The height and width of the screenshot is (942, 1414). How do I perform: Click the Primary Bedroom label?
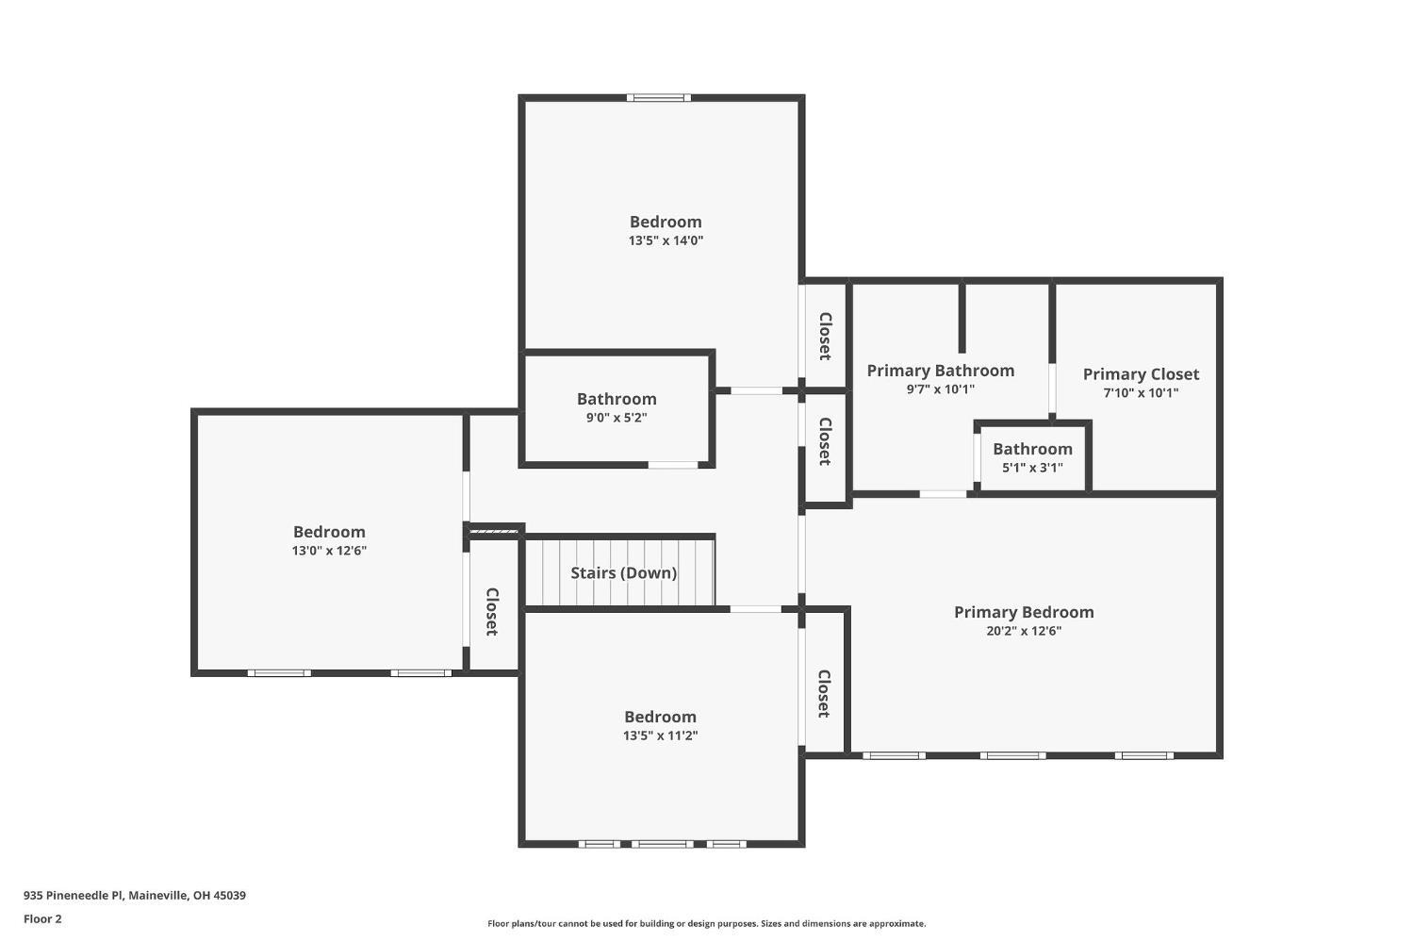(x=1024, y=612)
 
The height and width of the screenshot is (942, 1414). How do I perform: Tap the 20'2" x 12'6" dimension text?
(x=1024, y=631)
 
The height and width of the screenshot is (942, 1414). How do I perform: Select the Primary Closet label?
(x=1141, y=374)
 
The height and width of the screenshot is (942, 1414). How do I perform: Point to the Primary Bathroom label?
(x=940, y=371)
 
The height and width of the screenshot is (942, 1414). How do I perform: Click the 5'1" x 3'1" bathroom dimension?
(x=1032, y=467)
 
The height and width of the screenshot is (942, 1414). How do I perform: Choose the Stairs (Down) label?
(x=623, y=572)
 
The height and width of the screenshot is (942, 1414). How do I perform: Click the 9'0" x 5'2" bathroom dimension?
(x=617, y=417)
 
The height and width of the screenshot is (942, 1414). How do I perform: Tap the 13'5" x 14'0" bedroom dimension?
(x=666, y=240)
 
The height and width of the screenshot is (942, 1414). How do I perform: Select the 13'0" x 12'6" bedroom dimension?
(x=329, y=551)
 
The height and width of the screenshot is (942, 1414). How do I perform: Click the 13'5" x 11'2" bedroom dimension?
(x=660, y=735)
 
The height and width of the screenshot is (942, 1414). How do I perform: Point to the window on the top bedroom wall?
(x=659, y=97)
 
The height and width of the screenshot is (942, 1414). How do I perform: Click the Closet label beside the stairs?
(x=491, y=611)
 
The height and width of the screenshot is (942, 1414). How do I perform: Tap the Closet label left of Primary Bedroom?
(x=823, y=694)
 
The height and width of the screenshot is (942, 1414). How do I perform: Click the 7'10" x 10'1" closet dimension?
(x=1141, y=393)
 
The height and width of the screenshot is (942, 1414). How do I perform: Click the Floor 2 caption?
(x=42, y=918)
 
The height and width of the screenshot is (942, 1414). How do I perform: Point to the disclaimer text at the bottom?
(x=706, y=923)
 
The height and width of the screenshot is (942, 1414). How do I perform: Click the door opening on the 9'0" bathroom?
(x=673, y=464)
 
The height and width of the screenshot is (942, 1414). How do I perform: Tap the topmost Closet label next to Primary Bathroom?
(x=824, y=336)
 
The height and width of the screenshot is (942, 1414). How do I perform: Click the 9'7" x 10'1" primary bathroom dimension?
(x=940, y=388)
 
